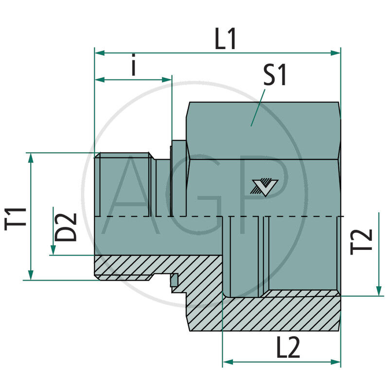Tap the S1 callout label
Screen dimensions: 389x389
click(275, 76)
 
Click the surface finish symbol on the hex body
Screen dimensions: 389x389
click(265, 186)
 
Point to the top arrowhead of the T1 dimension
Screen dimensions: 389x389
click(31, 157)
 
